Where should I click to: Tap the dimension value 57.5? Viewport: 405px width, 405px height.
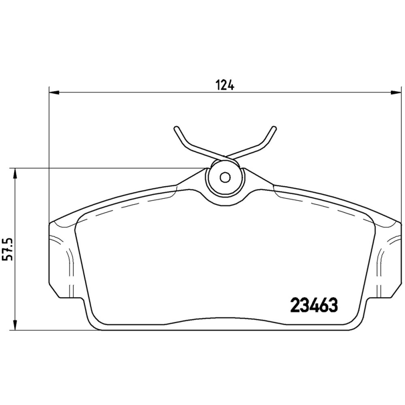point(8,249)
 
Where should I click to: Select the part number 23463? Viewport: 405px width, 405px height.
point(314,305)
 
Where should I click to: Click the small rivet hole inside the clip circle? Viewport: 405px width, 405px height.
point(226,178)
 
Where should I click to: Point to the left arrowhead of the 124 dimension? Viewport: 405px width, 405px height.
point(53,92)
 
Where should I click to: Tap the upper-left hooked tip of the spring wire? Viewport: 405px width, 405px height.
point(176,128)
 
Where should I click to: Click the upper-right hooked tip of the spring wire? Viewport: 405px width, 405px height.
point(274,128)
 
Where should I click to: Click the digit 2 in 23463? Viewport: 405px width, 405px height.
point(294,305)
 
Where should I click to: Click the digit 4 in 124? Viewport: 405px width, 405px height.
point(232,85)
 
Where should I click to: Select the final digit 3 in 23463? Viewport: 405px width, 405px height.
point(333,305)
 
